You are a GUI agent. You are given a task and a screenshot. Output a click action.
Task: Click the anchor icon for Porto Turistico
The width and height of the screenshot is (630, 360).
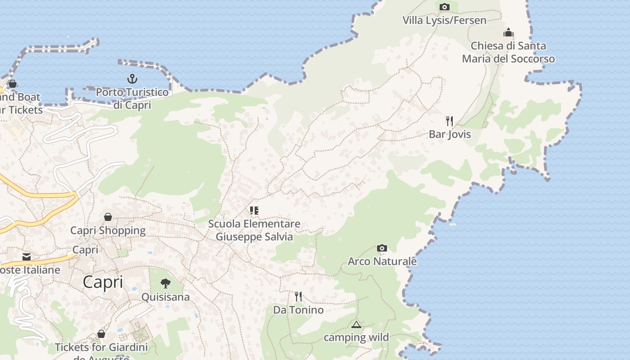(132, 79)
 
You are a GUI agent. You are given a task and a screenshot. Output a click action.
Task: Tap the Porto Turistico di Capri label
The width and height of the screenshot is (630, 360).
(132, 99)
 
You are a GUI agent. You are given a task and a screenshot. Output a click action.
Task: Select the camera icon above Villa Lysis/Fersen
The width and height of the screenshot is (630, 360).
(444, 7)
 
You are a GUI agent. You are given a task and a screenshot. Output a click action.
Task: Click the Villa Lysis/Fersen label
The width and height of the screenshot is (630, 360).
(444, 20)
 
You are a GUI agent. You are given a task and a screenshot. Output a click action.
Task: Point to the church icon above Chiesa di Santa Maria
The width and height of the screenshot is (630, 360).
(508, 32)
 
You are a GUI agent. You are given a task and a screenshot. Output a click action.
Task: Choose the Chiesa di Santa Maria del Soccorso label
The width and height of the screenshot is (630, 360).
(508, 52)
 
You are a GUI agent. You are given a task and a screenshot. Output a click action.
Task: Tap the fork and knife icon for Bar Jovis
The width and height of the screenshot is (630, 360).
(449, 121)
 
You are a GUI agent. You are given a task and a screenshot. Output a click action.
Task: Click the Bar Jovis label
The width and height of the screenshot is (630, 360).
(450, 134)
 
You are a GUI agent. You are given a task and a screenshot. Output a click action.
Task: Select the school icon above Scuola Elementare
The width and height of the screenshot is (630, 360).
(254, 210)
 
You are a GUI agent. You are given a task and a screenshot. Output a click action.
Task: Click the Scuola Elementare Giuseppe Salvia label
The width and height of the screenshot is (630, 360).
(254, 230)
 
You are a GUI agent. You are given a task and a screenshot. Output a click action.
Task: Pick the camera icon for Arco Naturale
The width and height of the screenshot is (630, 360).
(382, 248)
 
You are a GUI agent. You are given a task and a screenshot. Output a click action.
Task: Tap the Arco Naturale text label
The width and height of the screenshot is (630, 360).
(382, 261)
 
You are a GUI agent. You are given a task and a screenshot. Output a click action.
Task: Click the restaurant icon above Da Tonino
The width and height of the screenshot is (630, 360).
(298, 296)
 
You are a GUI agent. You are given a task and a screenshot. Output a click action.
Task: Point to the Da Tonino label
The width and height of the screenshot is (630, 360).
(298, 310)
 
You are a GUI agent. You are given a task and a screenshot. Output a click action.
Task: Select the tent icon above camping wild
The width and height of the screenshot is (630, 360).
(356, 324)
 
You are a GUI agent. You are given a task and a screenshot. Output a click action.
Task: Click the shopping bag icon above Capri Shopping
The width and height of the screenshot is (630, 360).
(108, 217)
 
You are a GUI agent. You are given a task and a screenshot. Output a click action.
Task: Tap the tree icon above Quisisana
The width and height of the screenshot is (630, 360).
(166, 283)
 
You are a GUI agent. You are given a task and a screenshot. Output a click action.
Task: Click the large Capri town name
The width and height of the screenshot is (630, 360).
(103, 282)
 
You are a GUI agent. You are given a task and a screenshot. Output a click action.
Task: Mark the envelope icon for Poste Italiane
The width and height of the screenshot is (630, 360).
(27, 256)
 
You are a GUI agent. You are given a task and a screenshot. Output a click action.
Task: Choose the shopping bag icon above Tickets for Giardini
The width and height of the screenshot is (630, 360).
(101, 334)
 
